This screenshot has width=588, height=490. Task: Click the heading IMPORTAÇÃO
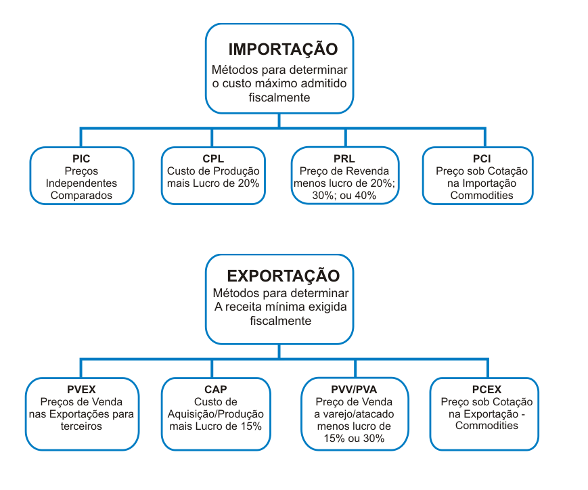[283, 49]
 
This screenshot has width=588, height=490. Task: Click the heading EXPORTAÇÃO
[283, 275]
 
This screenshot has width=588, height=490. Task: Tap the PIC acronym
[81, 158]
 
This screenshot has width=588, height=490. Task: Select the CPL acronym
[213, 158]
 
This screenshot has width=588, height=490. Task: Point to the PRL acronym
[344, 158]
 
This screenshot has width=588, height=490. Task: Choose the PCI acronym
[482, 158]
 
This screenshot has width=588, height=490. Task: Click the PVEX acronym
[81, 389]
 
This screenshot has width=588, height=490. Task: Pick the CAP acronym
[216, 389]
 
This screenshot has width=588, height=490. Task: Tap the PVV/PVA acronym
[354, 389]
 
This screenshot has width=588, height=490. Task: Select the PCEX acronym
[487, 389]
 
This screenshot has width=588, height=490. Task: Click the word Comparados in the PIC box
[81, 196]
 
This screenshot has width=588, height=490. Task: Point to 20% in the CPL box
[248, 183]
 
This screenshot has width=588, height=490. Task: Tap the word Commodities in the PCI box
[482, 196]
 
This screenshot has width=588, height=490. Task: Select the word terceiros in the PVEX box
[81, 426]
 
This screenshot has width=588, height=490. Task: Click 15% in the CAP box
[251, 426]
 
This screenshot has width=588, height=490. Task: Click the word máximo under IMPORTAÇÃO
[270, 83]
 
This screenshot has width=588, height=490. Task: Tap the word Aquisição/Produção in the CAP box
[216, 414]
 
